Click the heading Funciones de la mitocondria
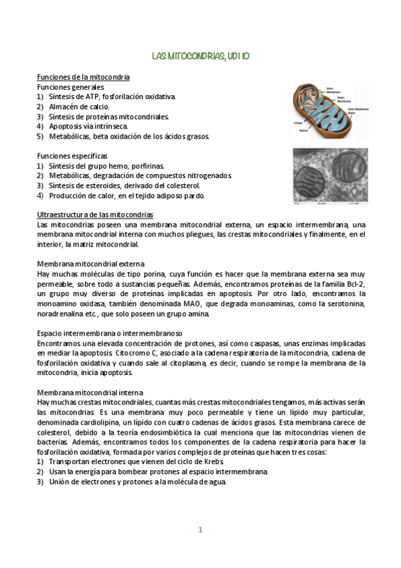coord(83,78)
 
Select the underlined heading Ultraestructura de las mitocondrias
coord(95,214)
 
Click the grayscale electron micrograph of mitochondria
coord(330,175)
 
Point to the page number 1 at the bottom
coord(200,529)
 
